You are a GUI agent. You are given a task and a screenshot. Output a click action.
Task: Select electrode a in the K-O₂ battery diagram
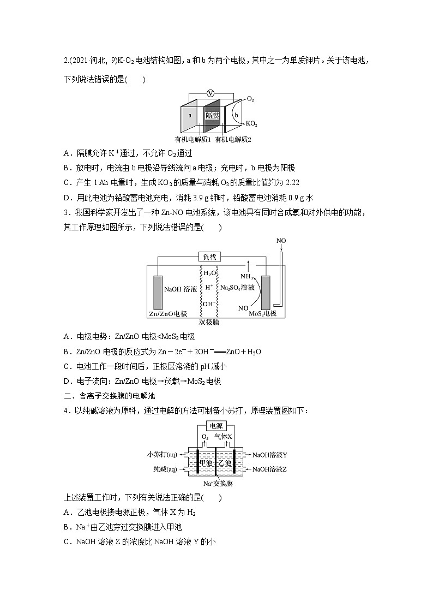pos(189,116)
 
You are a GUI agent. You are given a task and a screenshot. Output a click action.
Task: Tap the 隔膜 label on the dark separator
pos(212,116)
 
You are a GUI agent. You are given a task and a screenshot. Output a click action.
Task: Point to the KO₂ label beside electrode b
pos(251,124)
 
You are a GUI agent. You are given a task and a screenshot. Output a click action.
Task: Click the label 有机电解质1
pos(193,140)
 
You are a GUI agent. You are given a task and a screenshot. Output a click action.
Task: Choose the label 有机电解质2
pos(233,140)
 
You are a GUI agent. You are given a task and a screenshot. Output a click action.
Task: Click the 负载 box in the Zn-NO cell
pos(210,257)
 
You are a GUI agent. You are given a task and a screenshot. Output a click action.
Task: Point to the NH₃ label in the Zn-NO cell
pos(246,276)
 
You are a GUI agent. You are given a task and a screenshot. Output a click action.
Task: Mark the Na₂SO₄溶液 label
pos(237,287)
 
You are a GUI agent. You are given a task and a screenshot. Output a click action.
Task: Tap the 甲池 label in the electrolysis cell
pos(206,462)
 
